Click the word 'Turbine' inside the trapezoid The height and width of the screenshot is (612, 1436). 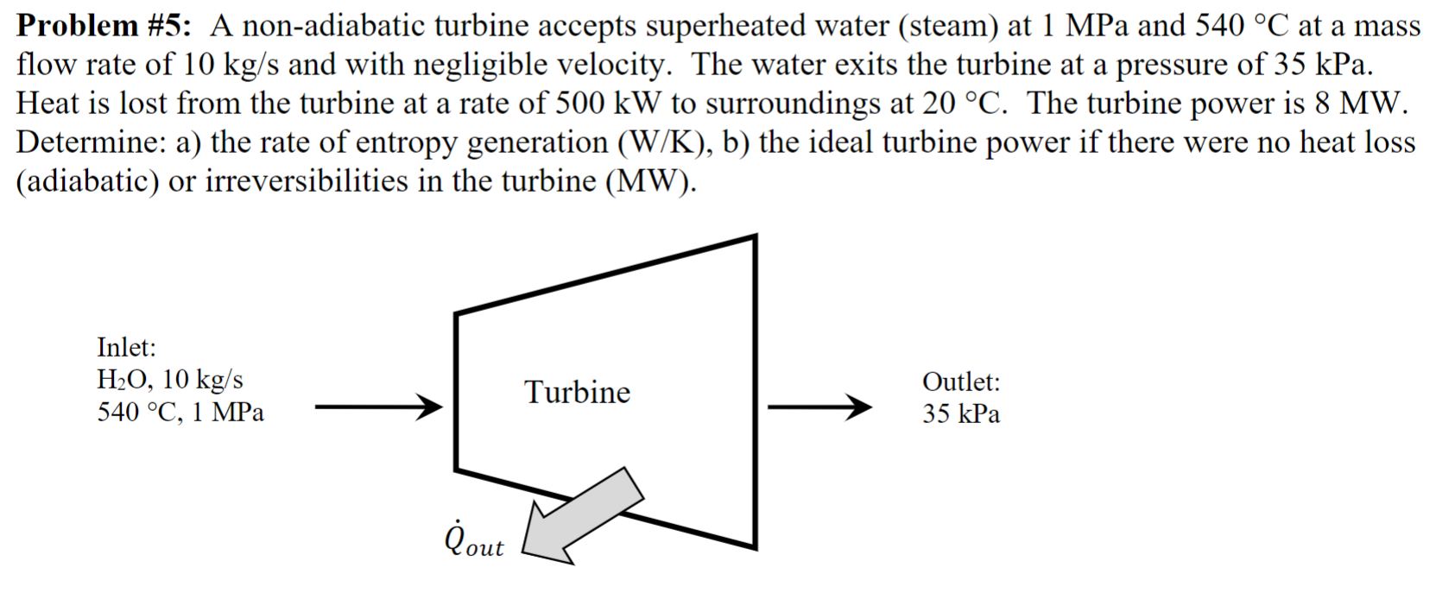pos(578,392)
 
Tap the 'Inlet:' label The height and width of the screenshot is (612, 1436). pos(126,347)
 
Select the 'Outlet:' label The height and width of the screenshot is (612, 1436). pos(961,382)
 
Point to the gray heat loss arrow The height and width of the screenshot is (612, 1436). pos(584,515)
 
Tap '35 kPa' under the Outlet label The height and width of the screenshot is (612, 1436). pos(961,414)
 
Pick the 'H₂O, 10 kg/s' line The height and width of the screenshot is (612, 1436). pos(170,380)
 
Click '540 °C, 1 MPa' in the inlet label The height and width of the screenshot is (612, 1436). pos(180,413)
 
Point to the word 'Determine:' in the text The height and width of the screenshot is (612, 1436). pos(92,142)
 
